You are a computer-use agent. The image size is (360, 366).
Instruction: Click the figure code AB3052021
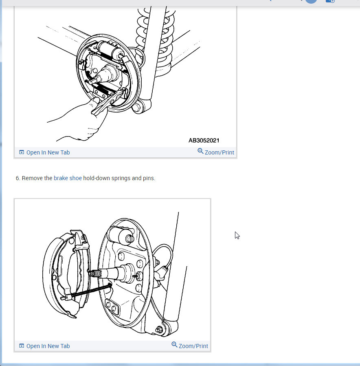coord(204,140)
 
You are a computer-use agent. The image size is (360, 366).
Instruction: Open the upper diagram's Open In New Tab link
coord(48,152)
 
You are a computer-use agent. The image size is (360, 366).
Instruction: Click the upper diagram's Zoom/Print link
coord(219,152)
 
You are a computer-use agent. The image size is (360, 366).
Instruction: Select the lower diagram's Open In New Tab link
coord(48,346)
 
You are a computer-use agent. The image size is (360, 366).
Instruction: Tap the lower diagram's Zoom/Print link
coord(193,346)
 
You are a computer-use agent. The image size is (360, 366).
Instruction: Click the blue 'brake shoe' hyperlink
coord(68,178)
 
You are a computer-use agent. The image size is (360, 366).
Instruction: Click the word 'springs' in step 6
coord(121,179)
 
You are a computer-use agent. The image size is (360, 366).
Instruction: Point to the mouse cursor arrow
coord(237,235)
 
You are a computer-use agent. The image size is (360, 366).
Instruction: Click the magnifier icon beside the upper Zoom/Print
coord(200,151)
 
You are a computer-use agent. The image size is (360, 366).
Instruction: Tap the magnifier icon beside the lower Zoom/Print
coord(174,344)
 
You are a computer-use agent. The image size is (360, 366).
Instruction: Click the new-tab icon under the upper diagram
coord(22,152)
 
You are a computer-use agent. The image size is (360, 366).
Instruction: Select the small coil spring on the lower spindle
coord(95,273)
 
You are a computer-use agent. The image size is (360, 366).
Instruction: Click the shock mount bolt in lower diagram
coord(160,330)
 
